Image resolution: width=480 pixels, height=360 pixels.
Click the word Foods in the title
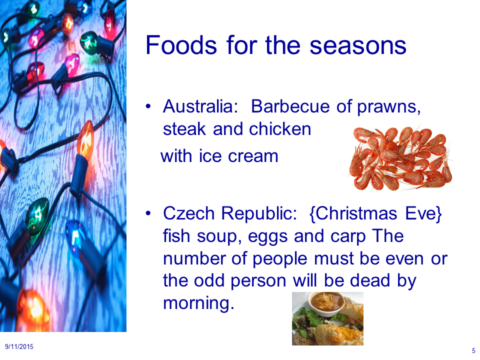click(181, 45)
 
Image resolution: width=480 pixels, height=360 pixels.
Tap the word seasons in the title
click(358, 46)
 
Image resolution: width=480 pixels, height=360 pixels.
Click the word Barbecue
click(290, 106)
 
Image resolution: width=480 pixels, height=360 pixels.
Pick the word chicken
click(280, 129)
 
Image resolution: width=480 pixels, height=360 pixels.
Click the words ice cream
click(238, 156)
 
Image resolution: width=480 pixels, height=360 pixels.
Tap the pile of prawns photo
click(400, 158)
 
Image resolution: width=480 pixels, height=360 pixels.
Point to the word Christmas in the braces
click(356, 213)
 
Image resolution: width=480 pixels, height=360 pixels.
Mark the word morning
click(198, 304)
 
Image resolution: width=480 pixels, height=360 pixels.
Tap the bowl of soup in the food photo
click(326, 302)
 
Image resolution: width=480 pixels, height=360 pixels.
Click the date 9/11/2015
click(19, 347)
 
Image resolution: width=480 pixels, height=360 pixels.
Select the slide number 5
click(473, 350)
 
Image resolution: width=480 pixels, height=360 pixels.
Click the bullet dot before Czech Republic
click(148, 213)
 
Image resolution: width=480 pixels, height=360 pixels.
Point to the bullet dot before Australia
click(148, 106)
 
